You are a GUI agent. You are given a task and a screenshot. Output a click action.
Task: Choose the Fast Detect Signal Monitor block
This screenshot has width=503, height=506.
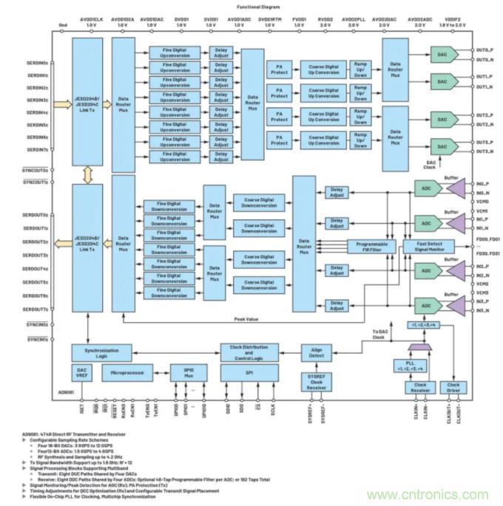pos(428,247)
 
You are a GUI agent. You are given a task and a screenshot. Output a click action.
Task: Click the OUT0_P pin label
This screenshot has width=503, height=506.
pos(485,50)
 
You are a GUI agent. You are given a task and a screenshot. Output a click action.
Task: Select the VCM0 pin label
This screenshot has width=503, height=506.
pos(483,201)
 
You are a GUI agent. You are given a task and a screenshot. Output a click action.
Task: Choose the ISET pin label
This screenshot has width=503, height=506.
pos(81,406)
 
